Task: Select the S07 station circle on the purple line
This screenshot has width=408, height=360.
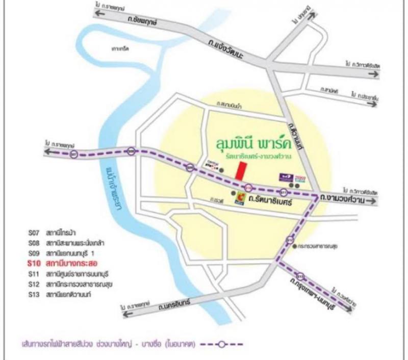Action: tap(75, 153)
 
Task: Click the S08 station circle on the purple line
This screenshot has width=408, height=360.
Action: tap(132, 151)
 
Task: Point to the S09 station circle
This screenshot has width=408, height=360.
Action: tap(190, 167)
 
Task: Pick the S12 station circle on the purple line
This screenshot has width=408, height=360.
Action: tap(290, 239)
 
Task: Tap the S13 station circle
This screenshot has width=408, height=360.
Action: tap(301, 277)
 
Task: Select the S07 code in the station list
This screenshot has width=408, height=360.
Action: tap(34, 233)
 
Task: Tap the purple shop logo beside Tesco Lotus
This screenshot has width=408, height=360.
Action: tap(285, 177)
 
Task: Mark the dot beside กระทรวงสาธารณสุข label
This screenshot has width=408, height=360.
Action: tap(297, 247)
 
